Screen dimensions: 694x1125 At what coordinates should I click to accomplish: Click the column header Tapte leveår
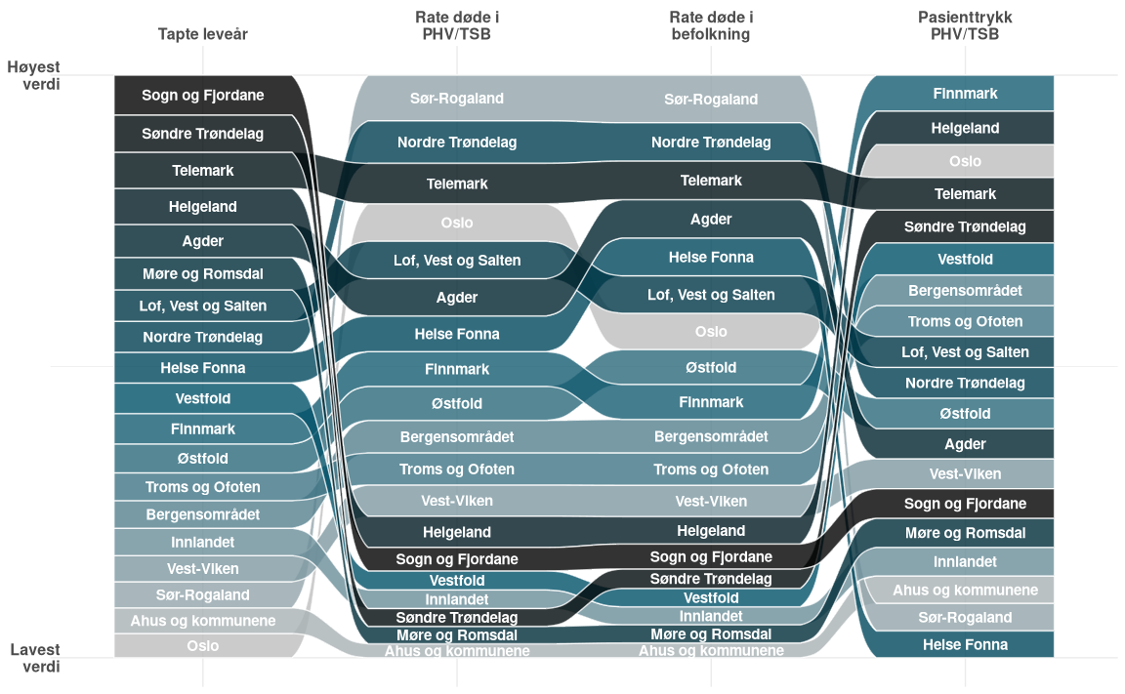pyautogui.click(x=203, y=34)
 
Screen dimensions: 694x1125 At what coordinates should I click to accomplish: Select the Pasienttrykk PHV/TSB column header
pyautogui.click(x=964, y=25)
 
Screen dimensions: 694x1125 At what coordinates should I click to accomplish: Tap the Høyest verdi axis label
pyautogui.click(x=33, y=75)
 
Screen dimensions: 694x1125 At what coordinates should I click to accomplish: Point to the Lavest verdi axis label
pyautogui.click(x=35, y=658)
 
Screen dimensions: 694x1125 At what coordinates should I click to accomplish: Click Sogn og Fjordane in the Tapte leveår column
pyautogui.click(x=203, y=96)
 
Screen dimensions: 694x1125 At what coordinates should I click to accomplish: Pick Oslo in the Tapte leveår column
pyautogui.click(x=203, y=646)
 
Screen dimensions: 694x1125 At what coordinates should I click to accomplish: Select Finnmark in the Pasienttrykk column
pyautogui.click(x=965, y=94)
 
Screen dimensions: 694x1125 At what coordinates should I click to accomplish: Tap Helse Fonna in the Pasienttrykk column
pyautogui.click(x=965, y=644)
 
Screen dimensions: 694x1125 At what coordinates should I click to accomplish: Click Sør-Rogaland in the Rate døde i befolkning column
pyautogui.click(x=711, y=100)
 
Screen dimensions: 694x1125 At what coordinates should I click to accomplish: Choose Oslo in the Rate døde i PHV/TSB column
pyautogui.click(x=457, y=223)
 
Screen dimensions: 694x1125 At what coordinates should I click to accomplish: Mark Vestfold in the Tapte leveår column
pyautogui.click(x=203, y=398)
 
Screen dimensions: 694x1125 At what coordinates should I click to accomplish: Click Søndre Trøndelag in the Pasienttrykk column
pyautogui.click(x=965, y=226)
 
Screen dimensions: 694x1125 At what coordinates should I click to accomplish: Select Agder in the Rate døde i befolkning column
pyautogui.click(x=711, y=220)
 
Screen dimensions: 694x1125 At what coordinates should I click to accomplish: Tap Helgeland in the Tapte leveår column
pyautogui.click(x=203, y=207)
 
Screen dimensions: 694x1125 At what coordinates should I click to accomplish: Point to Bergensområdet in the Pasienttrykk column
pyautogui.click(x=965, y=291)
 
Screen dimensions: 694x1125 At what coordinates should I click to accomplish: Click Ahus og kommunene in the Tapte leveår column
pyautogui.click(x=203, y=621)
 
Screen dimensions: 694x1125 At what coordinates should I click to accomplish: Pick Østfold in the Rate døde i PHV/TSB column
pyautogui.click(x=457, y=403)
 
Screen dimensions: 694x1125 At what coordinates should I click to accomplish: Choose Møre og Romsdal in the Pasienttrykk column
pyautogui.click(x=965, y=533)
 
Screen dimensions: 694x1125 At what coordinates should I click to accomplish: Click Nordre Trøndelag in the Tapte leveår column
pyautogui.click(x=203, y=338)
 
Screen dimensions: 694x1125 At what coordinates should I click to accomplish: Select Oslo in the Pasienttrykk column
pyautogui.click(x=965, y=161)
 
